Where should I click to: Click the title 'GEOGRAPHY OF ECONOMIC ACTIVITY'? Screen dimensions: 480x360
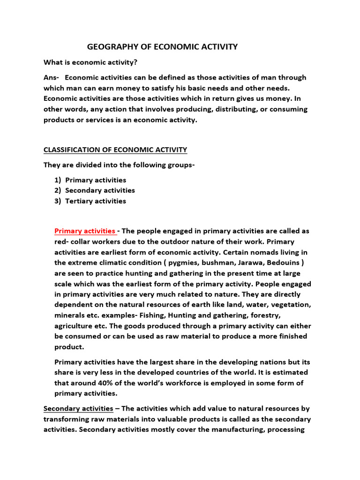[x=163, y=47]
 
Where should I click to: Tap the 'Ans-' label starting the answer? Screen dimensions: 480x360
[x=52, y=77]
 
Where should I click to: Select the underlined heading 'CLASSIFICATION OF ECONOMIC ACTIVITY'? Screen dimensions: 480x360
[x=115, y=150]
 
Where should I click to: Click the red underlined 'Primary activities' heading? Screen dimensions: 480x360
[x=85, y=231]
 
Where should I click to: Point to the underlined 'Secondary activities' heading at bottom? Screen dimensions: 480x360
[x=78, y=408]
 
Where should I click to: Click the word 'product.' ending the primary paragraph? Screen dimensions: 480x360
[x=69, y=347]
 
